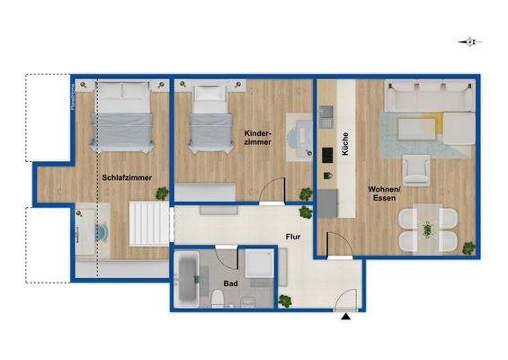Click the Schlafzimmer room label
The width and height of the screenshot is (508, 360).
pyautogui.click(x=126, y=177)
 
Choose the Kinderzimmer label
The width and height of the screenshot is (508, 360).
pyautogui.click(x=260, y=139)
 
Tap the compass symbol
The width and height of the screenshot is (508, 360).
pyautogui.click(x=468, y=41)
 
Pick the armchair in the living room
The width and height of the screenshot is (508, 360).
pyautogui.click(x=415, y=169)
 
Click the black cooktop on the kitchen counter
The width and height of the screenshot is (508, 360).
pyautogui.click(x=326, y=152)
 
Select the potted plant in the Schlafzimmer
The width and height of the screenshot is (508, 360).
pyautogui.click(x=162, y=193)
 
